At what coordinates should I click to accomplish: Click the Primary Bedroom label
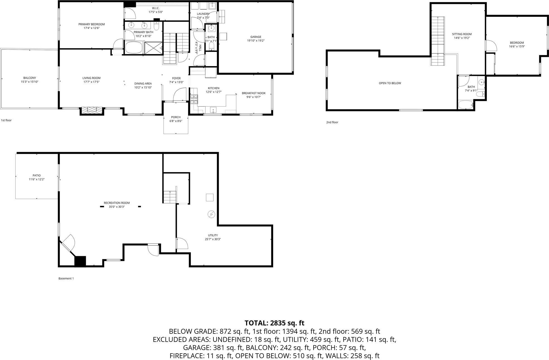tap(92, 24)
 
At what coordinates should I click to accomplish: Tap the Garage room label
tap(256, 37)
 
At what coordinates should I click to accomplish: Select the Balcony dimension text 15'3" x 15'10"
tap(30, 82)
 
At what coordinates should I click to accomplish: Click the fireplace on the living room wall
tap(92, 110)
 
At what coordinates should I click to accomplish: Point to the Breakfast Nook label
tap(254, 93)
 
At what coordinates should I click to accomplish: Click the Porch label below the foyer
tap(176, 117)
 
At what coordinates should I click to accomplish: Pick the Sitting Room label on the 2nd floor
tap(462, 34)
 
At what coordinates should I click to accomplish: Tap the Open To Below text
tap(390, 83)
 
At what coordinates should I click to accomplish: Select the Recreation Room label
tap(117, 203)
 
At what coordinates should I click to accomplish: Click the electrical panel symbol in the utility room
tap(211, 214)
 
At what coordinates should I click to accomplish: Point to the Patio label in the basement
tap(37, 176)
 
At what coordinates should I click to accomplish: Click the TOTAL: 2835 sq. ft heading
tap(274, 323)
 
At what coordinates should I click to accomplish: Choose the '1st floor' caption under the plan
tap(6, 120)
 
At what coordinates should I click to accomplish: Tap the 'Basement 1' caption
tap(66, 278)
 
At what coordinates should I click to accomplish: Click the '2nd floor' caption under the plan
tap(332, 122)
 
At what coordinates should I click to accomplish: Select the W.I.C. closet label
tap(156, 8)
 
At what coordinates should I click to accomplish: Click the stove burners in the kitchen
tap(194, 99)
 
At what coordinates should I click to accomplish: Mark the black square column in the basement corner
tap(80, 261)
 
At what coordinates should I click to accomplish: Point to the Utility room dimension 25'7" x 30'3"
tap(213, 239)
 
